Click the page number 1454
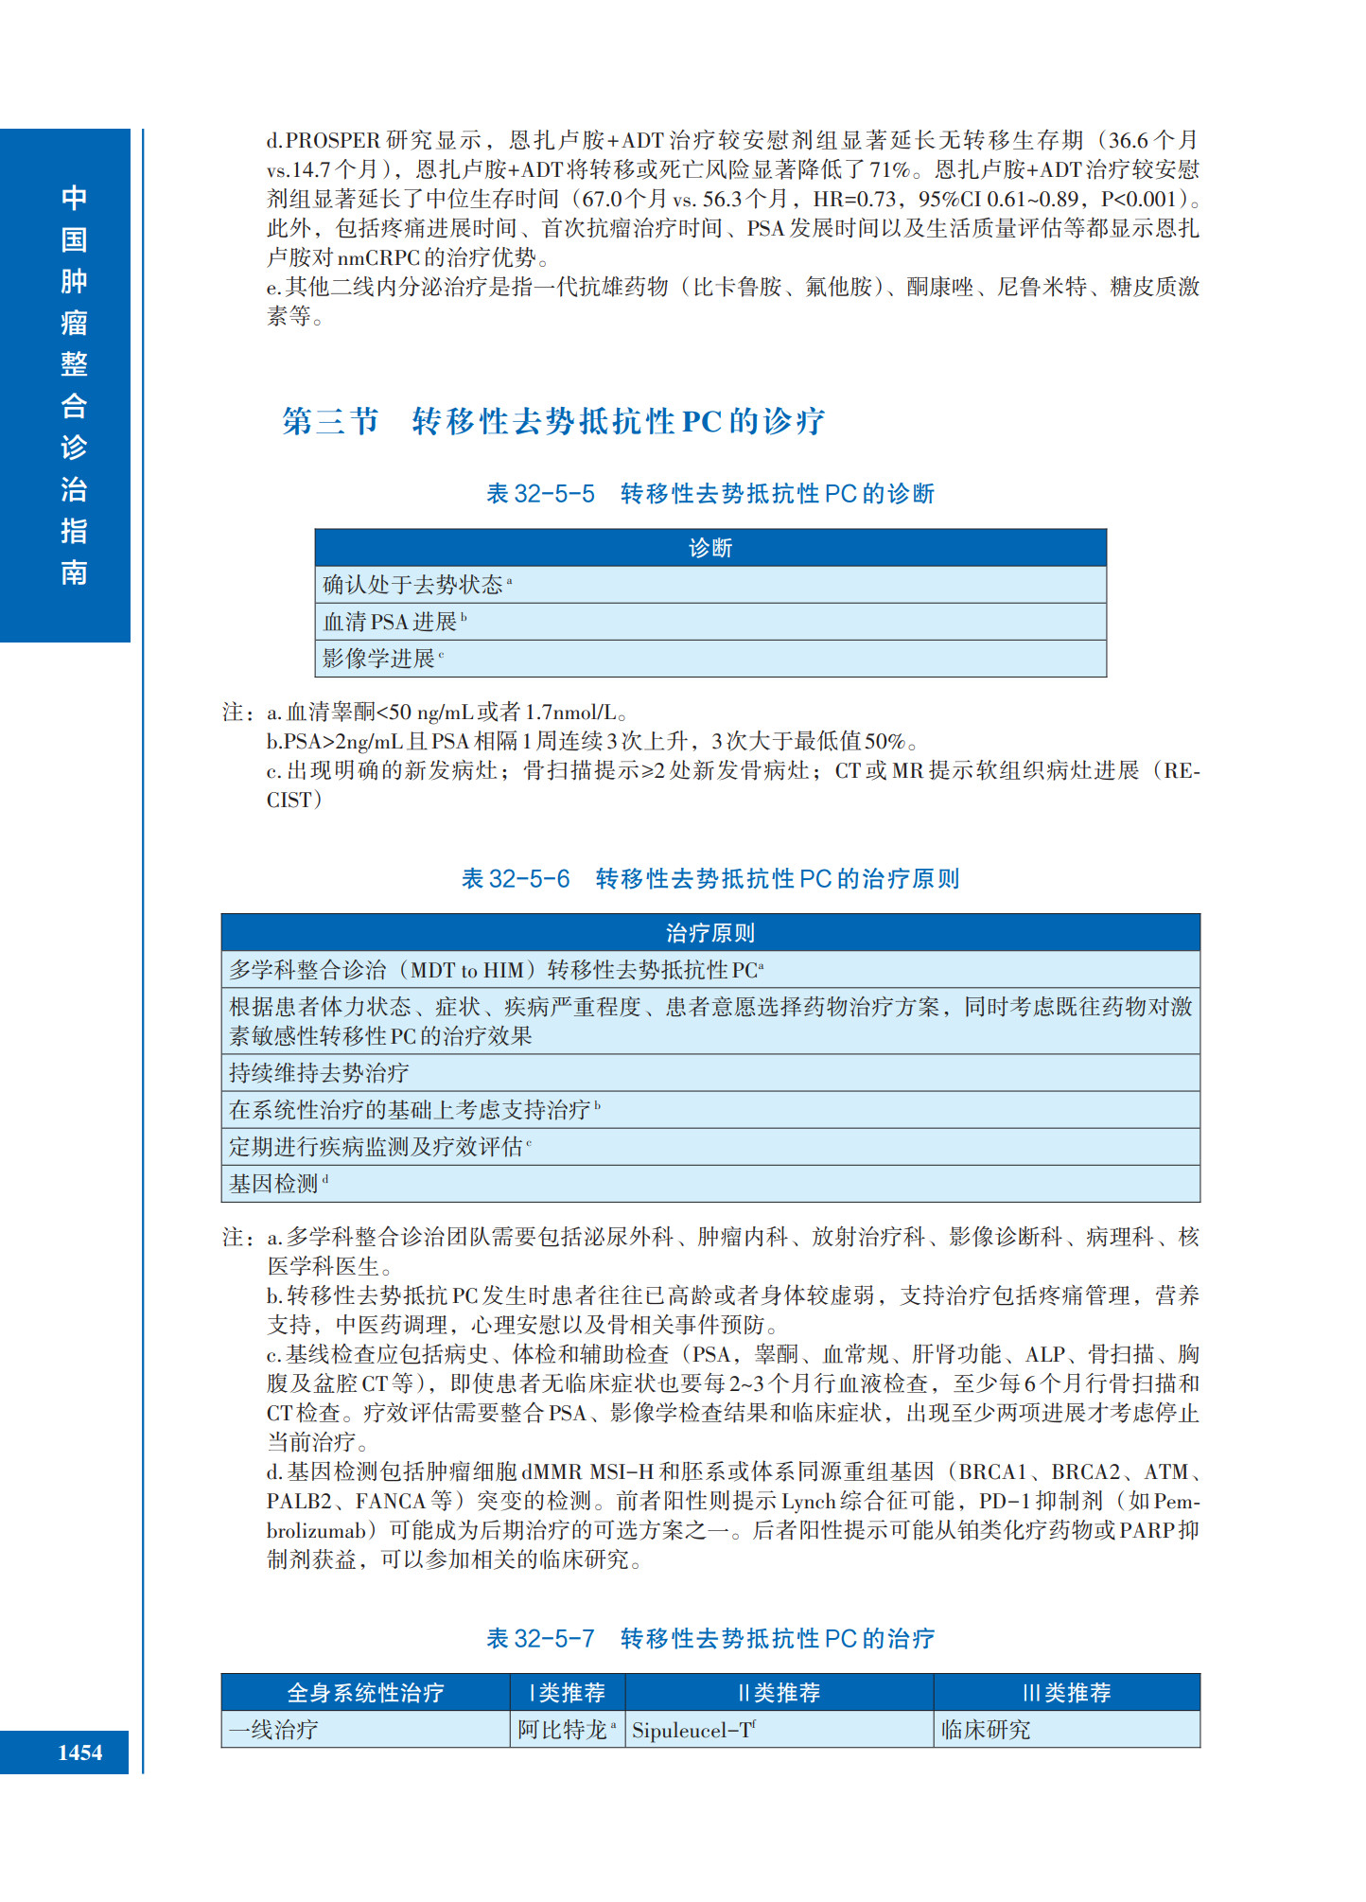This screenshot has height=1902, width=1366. coord(79,1752)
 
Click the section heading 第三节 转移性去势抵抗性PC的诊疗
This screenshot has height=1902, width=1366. coord(553,421)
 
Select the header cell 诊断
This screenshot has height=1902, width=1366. coord(709,548)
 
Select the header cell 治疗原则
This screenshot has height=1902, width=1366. coord(709,933)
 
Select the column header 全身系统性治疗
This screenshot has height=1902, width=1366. coord(365,1693)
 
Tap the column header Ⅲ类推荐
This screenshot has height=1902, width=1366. coord(1066,1693)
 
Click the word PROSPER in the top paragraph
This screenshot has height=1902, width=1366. coord(333,141)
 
